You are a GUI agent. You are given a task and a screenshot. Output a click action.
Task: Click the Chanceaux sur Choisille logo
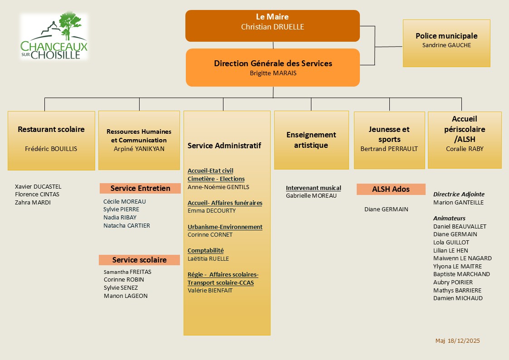click(x=54, y=36)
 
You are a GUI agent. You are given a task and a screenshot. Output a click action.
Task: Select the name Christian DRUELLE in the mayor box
click(x=272, y=27)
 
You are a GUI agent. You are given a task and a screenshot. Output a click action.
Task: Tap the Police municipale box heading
click(x=446, y=36)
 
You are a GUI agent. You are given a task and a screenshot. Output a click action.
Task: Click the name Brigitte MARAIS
click(x=273, y=73)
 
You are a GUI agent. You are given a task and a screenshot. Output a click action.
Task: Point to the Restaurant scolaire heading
click(x=51, y=129)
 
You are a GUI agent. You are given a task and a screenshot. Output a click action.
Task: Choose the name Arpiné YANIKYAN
click(x=139, y=149)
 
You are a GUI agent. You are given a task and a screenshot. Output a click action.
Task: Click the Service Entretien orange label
click(x=140, y=188)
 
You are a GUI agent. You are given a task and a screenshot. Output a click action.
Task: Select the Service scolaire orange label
click(x=140, y=260)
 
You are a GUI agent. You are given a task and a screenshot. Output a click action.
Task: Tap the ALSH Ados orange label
click(x=391, y=189)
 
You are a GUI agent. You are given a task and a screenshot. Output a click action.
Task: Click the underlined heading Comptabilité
click(x=205, y=250)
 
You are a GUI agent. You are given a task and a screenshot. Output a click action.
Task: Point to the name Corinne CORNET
click(x=210, y=235)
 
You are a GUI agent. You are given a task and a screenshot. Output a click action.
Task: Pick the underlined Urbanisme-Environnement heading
click(x=225, y=227)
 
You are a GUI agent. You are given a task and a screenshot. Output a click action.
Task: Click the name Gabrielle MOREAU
click(x=311, y=196)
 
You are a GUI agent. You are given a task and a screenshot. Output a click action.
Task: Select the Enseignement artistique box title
click(x=311, y=140)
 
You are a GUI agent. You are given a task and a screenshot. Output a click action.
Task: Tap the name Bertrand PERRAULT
click(x=389, y=149)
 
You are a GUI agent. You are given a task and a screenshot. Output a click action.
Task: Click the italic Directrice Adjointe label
click(x=459, y=194)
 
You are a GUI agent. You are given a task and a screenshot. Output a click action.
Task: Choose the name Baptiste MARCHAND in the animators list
click(x=461, y=274)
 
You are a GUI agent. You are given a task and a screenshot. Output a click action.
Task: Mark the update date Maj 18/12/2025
click(x=457, y=341)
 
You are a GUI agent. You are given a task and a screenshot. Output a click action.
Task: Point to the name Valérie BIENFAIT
click(x=210, y=291)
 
